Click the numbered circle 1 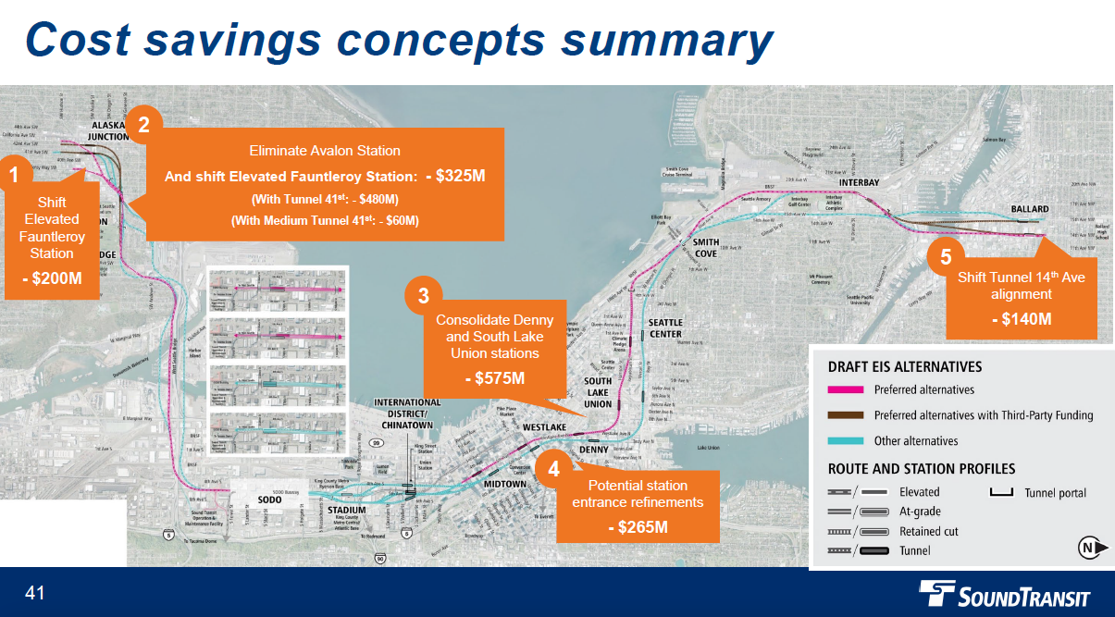coord(13,173)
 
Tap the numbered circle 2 coord(143,124)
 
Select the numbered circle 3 coord(423,296)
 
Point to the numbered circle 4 coord(553,469)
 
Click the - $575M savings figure coord(494,378)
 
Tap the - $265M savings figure coord(638,527)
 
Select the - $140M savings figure coord(1022,319)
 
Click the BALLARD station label coord(1030,209)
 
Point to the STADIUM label coord(347,510)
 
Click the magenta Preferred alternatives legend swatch coord(845,389)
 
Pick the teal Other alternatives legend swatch coord(845,441)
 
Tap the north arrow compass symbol coord(1093,549)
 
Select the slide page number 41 coord(35,593)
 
